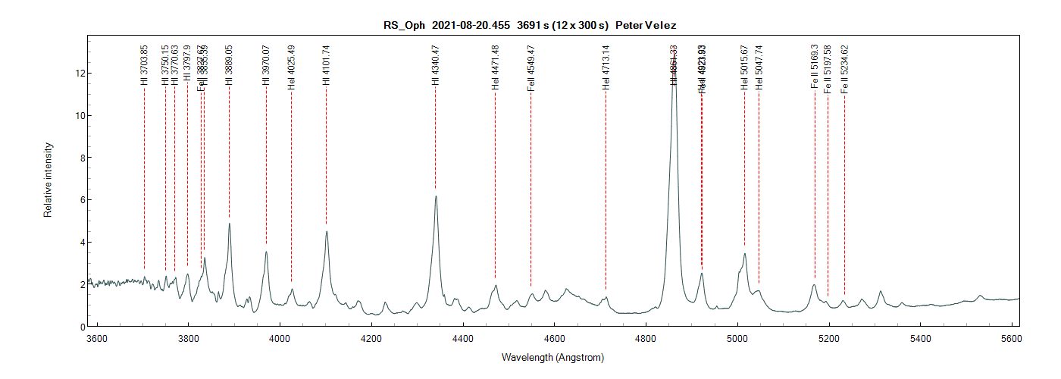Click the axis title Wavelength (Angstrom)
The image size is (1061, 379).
(x=552, y=356)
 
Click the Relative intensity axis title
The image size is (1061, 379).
(x=48, y=180)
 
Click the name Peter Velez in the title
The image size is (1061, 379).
(x=646, y=26)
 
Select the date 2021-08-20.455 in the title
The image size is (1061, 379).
(x=471, y=26)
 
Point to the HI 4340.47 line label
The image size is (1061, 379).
(x=435, y=65)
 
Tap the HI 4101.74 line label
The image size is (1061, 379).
(x=326, y=65)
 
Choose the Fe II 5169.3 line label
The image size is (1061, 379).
(x=815, y=66)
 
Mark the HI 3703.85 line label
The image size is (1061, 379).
(x=144, y=65)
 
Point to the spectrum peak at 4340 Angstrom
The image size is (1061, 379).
(x=436, y=196)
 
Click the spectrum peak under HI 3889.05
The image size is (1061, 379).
(x=229, y=224)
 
